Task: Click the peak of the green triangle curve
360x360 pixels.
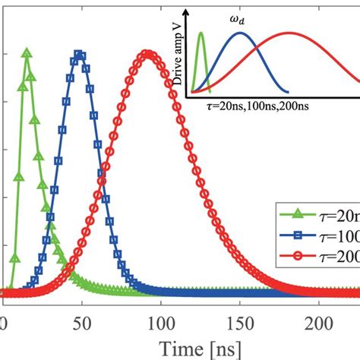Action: pyautogui.click(x=27, y=53)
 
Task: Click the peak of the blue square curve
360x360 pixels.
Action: pyautogui.click(x=78, y=54)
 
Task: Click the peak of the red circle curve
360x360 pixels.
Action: pyautogui.click(x=148, y=54)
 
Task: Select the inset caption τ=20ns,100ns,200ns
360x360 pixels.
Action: pyautogui.click(x=251, y=109)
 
